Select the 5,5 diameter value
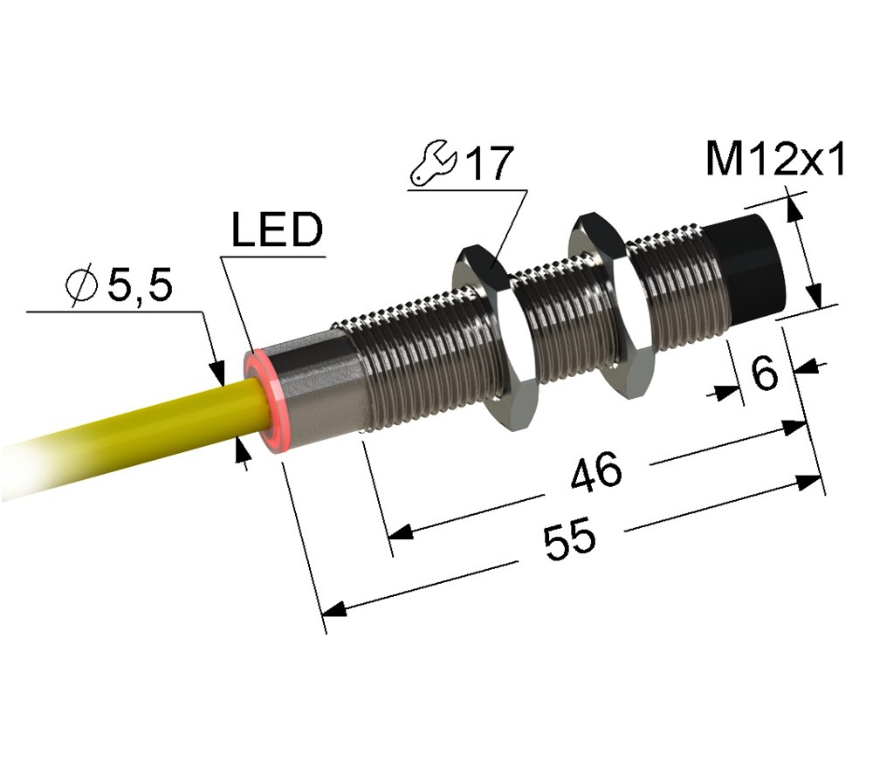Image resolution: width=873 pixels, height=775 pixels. click(140, 285)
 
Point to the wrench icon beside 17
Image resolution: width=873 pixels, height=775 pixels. click(432, 166)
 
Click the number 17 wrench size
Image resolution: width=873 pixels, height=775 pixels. click(489, 164)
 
